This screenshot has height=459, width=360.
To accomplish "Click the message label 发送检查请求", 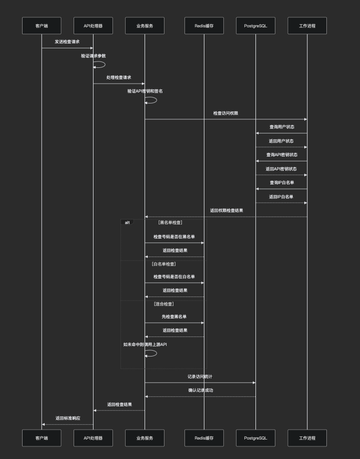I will point(67,42).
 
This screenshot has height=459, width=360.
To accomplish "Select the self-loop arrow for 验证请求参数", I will point(100,65).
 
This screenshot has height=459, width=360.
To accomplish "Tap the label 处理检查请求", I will point(119,77).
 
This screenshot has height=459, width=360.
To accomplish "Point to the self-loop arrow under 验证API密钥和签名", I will point(151,100).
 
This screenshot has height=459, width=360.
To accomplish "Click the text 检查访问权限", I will point(226,113).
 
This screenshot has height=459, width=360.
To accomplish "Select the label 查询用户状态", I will point(282,127).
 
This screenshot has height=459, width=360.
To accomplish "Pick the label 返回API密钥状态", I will point(281,169).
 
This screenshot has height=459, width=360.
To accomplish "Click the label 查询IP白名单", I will point(282,182).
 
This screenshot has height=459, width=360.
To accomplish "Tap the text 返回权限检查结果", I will point(227,210).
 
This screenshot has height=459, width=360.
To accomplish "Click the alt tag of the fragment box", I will point(127,222).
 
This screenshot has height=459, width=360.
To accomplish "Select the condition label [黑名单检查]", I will point(170,222).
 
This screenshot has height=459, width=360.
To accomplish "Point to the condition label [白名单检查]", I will point(163,264).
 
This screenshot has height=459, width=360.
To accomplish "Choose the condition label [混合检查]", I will point(163,304).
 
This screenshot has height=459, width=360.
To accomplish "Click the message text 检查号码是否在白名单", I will point(174,277).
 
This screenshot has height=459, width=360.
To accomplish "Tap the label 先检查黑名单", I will point(174,317).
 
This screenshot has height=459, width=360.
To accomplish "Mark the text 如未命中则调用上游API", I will point(145,344).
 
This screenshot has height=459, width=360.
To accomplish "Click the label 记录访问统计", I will point(200,376).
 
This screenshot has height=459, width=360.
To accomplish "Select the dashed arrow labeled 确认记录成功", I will point(200,396).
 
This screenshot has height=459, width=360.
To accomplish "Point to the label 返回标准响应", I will point(68,418).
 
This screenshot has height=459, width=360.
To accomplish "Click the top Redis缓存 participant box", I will point(204,26).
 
